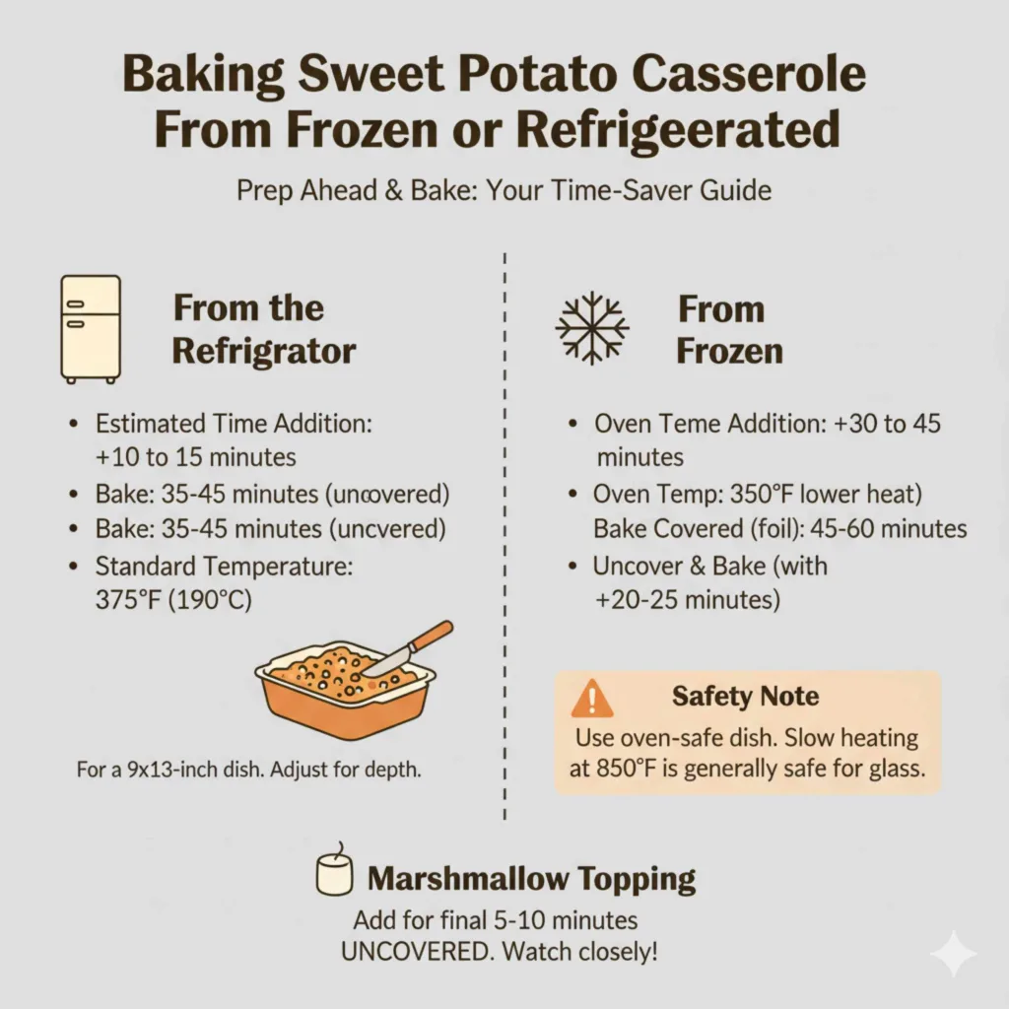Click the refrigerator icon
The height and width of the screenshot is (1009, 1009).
pyautogui.click(x=91, y=328)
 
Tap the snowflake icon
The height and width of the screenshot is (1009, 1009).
pyautogui.click(x=591, y=328)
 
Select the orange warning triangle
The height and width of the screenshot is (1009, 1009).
pyautogui.click(x=591, y=699)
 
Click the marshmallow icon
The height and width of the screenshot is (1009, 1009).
pyautogui.click(x=333, y=872)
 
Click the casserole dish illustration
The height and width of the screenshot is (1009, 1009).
pyautogui.click(x=345, y=687)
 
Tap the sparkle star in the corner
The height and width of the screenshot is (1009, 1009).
pyautogui.click(x=953, y=952)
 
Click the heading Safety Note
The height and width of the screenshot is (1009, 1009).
pyautogui.click(x=745, y=697)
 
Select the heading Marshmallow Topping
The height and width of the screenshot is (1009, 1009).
pyautogui.click(x=531, y=879)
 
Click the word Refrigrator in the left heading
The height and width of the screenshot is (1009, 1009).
pyautogui.click(x=264, y=351)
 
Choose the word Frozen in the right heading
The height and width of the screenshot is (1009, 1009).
pyautogui.click(x=729, y=351)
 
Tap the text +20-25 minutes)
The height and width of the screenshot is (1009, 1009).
pyautogui.click(x=686, y=598)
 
